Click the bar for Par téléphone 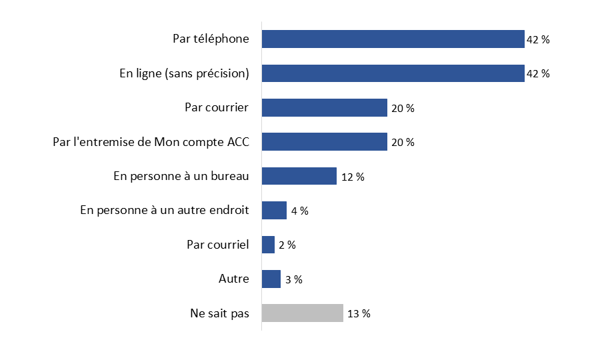click(x=393, y=39)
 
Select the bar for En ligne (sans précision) click(x=393, y=73)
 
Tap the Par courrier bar click(x=324, y=108)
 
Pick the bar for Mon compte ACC click(x=324, y=142)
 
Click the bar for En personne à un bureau click(x=299, y=176)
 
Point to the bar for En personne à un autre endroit click(x=274, y=211)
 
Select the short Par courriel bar click(x=268, y=245)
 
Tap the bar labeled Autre click(x=271, y=279)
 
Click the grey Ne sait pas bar click(x=302, y=313)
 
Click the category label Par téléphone click(x=211, y=39)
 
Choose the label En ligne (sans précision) click(x=184, y=73)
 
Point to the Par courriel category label click(x=217, y=245)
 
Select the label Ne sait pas click(x=219, y=313)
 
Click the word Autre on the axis click(x=233, y=279)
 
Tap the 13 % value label click(x=359, y=313)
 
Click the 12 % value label click(x=353, y=177)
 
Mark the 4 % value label click(x=299, y=211)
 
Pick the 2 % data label click(x=287, y=245)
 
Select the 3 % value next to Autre click(x=293, y=279)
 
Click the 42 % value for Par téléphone click(x=538, y=40)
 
